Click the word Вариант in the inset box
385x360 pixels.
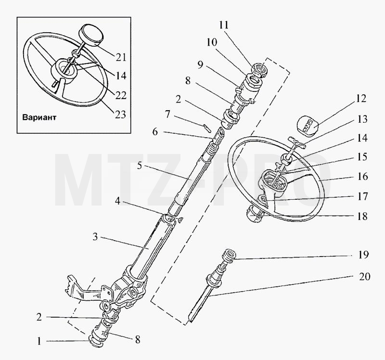point(39,117)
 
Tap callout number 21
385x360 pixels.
point(121,57)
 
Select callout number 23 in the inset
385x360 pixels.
point(121,114)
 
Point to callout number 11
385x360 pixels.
point(224,25)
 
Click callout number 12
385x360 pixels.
point(361,99)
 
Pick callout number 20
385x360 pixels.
point(364,277)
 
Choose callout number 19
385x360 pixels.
point(363,255)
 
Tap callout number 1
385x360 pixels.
point(39,341)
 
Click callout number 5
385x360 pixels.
point(140,166)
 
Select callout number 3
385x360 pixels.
point(95,237)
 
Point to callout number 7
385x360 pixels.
point(167,114)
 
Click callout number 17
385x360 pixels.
point(362,196)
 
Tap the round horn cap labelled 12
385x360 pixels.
point(308,126)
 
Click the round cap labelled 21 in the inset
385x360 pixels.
point(90,35)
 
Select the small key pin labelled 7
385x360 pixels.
point(206,128)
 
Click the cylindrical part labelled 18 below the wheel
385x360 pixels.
point(256,214)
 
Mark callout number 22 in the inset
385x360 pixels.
point(121,95)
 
